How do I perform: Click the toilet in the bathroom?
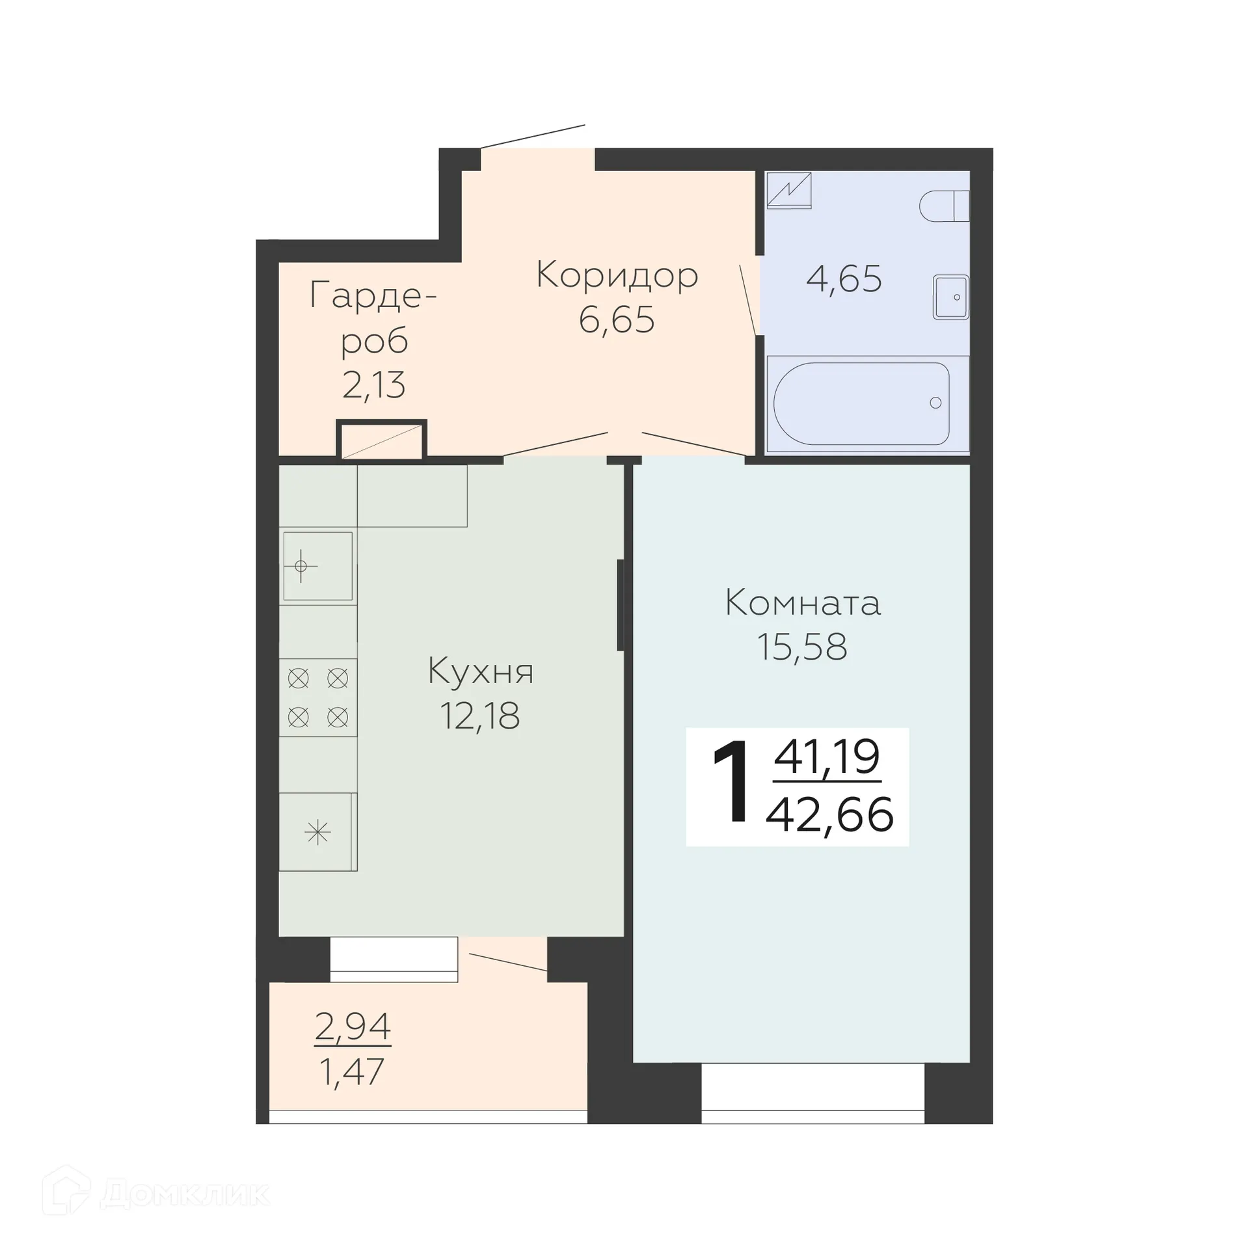coord(943,206)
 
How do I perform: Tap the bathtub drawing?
coord(861,403)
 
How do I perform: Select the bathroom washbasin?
coord(950,297)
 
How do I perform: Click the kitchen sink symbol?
coord(317,566)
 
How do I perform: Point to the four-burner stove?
coord(318,697)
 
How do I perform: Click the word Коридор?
coord(617,275)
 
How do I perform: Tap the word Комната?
coord(802,603)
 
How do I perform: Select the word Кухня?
coord(480,671)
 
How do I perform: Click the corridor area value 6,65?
coord(617,319)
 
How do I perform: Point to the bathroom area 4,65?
coord(844,279)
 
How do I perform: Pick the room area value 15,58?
coord(802,647)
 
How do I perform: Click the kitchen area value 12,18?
coord(480,716)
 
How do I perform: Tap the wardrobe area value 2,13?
coord(373,384)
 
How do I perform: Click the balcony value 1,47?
coord(353,1071)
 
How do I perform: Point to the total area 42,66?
coord(829,814)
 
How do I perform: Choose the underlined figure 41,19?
coord(827,757)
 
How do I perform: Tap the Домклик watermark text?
coord(185,1193)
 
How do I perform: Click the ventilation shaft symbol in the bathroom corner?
coord(788,190)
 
